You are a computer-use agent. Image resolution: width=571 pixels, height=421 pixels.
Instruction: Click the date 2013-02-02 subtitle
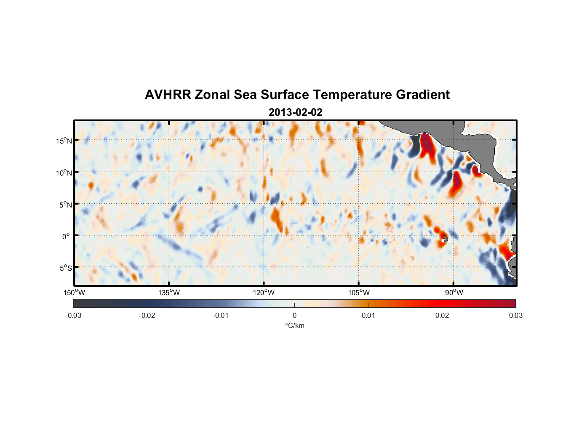tap(295, 112)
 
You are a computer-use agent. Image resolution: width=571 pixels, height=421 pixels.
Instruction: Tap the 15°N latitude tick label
tap(64, 141)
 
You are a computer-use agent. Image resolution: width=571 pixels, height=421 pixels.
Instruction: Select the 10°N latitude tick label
tap(64, 173)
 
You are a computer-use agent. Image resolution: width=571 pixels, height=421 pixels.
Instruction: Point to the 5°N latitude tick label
tap(65, 205)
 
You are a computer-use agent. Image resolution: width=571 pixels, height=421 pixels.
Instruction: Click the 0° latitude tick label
tap(66, 236)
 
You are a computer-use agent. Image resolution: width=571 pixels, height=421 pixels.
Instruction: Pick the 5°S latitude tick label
tap(65, 268)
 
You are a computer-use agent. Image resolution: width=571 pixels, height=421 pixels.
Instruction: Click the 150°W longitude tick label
tap(74, 293)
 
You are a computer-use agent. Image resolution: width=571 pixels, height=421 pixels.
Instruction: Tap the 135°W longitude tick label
tap(169, 293)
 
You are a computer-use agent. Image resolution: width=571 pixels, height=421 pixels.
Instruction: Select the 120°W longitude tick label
tap(264, 293)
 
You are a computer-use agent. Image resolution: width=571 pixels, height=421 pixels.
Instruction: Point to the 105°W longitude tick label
tap(358, 293)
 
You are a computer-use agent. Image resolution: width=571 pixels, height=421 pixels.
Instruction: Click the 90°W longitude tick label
tap(454, 293)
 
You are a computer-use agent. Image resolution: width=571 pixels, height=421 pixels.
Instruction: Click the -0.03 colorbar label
tap(73, 316)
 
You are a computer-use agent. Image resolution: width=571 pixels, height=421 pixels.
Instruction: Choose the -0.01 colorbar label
tap(221, 316)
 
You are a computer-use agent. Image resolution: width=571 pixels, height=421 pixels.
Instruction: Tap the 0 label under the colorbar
tap(294, 316)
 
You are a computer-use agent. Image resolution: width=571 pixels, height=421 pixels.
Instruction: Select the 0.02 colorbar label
tap(442, 316)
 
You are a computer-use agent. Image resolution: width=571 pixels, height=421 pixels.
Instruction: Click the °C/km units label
tap(294, 325)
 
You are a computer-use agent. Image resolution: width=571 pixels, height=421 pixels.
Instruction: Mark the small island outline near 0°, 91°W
tap(445, 239)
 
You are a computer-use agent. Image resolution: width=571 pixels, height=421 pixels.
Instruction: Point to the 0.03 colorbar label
tap(515, 316)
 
